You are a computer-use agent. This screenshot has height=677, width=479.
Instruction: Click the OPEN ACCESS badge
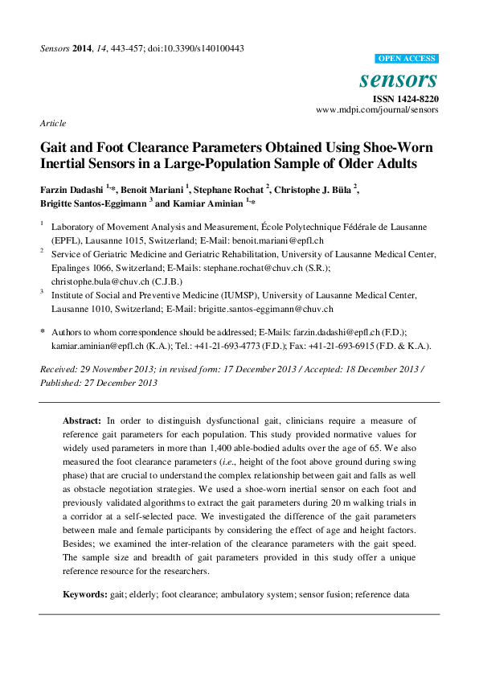tap(407, 59)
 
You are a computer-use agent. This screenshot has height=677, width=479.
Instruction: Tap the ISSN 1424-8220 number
tap(405, 98)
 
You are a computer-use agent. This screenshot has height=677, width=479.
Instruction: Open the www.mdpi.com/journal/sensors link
tap(377, 109)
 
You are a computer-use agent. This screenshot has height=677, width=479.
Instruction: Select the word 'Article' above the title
tap(52, 123)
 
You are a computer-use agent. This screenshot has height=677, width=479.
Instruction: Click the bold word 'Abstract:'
tap(82, 420)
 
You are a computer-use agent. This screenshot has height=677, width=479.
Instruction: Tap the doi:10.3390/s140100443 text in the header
tap(197, 48)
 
